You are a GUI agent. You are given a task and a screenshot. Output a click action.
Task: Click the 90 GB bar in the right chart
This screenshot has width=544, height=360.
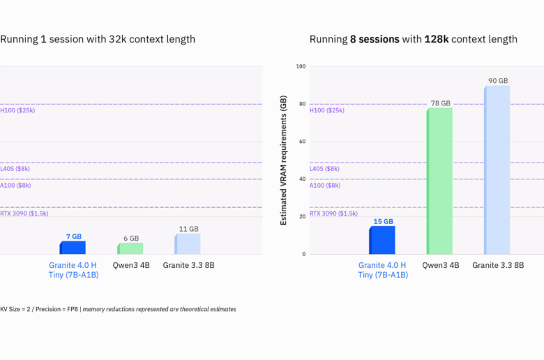(x=497, y=170)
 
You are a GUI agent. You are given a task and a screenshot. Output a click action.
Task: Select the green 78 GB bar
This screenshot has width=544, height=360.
(x=439, y=181)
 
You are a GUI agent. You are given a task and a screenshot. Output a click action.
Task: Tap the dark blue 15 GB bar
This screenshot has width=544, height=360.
(x=382, y=240)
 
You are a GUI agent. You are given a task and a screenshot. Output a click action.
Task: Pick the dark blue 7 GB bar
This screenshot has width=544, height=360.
(x=73, y=248)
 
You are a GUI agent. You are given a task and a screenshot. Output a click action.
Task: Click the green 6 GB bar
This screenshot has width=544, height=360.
(x=130, y=248)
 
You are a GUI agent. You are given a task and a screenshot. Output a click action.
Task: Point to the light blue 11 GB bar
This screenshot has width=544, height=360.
(x=187, y=243)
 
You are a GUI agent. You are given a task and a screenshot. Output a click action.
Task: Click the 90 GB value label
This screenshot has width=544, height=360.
(x=498, y=81)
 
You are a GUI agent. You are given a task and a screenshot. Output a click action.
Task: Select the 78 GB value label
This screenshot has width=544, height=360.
(x=440, y=103)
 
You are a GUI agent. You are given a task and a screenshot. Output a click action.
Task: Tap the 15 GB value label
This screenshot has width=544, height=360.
(x=383, y=221)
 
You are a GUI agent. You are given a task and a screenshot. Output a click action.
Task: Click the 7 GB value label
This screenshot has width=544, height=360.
(x=73, y=237)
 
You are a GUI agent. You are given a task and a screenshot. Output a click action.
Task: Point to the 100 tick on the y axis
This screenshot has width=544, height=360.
(x=301, y=67)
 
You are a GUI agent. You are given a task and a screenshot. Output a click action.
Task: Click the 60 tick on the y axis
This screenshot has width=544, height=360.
(x=302, y=142)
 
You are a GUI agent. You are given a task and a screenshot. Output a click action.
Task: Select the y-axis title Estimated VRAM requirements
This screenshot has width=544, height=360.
(x=283, y=160)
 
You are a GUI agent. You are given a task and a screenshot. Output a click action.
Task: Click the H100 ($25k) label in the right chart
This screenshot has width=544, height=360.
(x=326, y=110)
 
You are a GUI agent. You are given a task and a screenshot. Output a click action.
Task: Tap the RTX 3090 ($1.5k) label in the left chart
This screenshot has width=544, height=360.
(x=24, y=213)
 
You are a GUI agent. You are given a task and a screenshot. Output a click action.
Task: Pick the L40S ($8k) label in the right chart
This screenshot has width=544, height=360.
(x=324, y=169)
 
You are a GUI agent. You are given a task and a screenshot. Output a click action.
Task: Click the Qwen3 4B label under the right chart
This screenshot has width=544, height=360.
(x=441, y=265)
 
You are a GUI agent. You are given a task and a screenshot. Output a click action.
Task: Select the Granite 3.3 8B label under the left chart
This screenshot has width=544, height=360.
(x=188, y=265)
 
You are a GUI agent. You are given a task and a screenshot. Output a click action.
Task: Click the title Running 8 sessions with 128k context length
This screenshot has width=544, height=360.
(x=413, y=39)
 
